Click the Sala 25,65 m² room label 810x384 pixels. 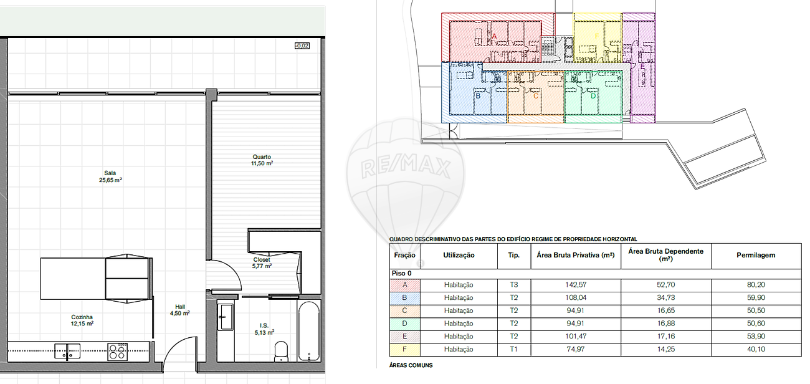110,176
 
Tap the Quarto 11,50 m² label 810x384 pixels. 262,160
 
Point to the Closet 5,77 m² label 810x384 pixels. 262,263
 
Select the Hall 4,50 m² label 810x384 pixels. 179,310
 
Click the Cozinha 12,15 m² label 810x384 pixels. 82,320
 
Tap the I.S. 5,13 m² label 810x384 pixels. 264,329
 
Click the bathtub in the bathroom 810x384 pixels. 309,331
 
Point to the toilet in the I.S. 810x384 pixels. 282,352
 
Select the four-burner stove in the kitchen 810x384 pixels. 118,352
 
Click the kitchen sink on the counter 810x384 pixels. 67,351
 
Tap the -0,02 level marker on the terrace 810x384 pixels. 302,46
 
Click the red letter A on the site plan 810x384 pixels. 494,36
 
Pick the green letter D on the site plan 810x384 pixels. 593,96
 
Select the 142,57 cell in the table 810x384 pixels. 576,285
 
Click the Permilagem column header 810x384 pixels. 756,255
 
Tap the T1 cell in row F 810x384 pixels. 514,349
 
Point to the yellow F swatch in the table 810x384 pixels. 405,350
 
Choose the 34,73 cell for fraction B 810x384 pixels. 665,297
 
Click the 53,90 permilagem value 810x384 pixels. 756,336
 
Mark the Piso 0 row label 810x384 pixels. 401,273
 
